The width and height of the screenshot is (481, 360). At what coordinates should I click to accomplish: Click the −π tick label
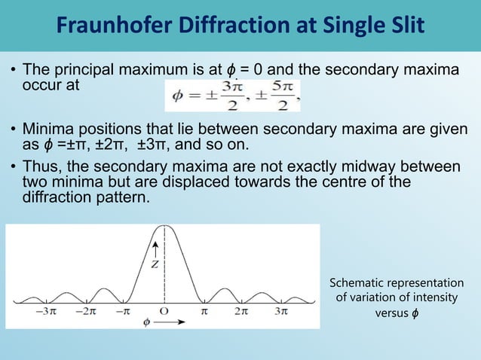tap(125, 310)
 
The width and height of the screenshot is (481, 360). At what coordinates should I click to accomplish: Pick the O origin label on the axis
tap(163, 310)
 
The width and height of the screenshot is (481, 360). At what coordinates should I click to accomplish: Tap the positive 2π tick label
tap(242, 310)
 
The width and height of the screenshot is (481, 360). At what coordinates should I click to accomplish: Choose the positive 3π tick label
tap(280, 310)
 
